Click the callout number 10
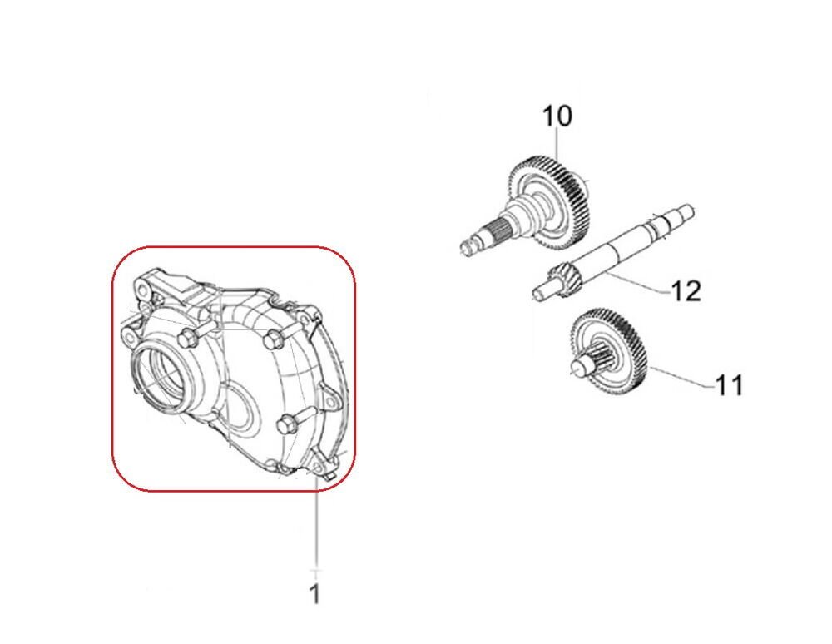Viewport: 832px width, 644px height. tap(557, 116)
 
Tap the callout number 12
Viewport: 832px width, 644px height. tap(686, 290)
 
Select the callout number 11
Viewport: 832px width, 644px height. tap(730, 385)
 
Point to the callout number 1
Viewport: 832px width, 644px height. tap(315, 593)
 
